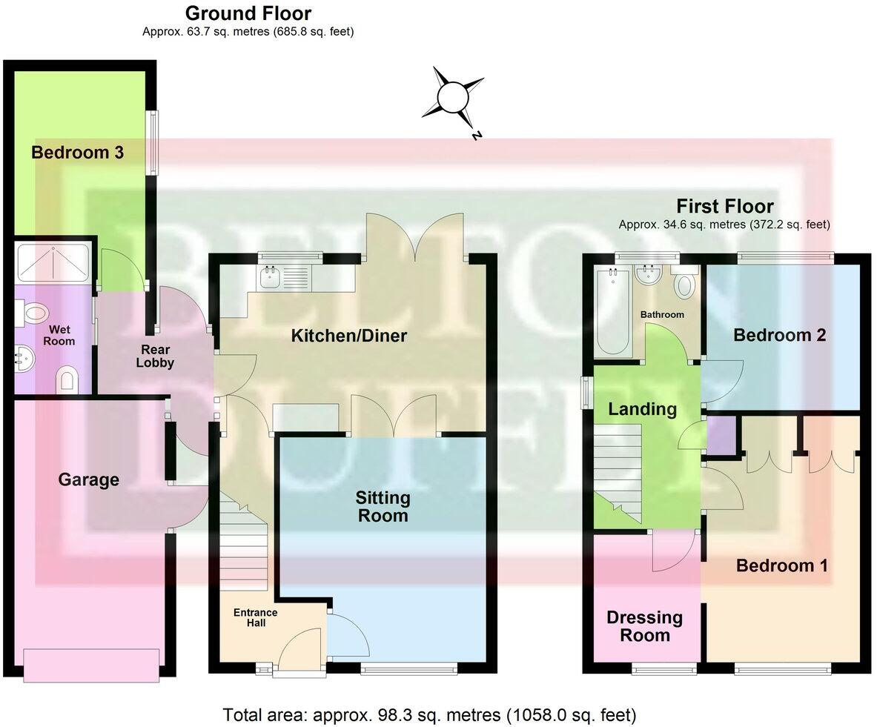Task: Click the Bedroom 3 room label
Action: coord(77,153)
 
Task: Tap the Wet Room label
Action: coord(59,335)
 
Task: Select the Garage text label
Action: coord(89,479)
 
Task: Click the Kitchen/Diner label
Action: coord(348,336)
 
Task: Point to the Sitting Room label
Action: coord(383,505)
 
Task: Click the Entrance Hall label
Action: coord(255,617)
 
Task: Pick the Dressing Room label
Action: coord(644,625)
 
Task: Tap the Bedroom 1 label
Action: coord(781,565)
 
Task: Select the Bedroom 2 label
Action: coord(779,335)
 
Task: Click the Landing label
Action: coord(642,408)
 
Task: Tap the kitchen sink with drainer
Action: coord(285,279)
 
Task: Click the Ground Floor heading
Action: coord(248,13)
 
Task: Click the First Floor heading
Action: coord(724,206)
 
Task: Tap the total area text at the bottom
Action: coord(429,715)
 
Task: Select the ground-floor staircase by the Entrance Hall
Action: coord(242,545)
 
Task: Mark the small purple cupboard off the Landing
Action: coord(721,434)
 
